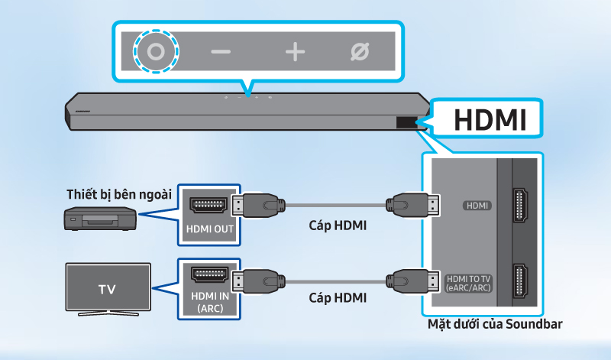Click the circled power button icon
click(x=156, y=52)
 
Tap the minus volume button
click(x=221, y=52)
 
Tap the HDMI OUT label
click(x=209, y=229)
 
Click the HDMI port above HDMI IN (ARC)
click(x=209, y=278)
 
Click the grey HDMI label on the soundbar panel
click(x=476, y=206)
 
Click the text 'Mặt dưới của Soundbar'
click(x=496, y=325)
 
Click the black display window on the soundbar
click(x=406, y=122)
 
